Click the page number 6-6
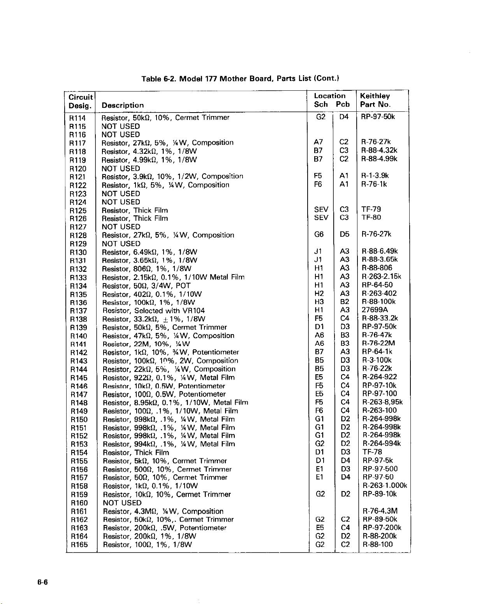coord(42,583)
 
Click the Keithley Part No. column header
coord(375,100)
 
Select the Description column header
coord(123,105)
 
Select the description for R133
coord(173,277)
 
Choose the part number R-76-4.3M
coord(380,511)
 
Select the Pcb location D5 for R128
coord(344,234)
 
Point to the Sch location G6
coord(319,234)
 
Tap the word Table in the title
coord(150,79)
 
